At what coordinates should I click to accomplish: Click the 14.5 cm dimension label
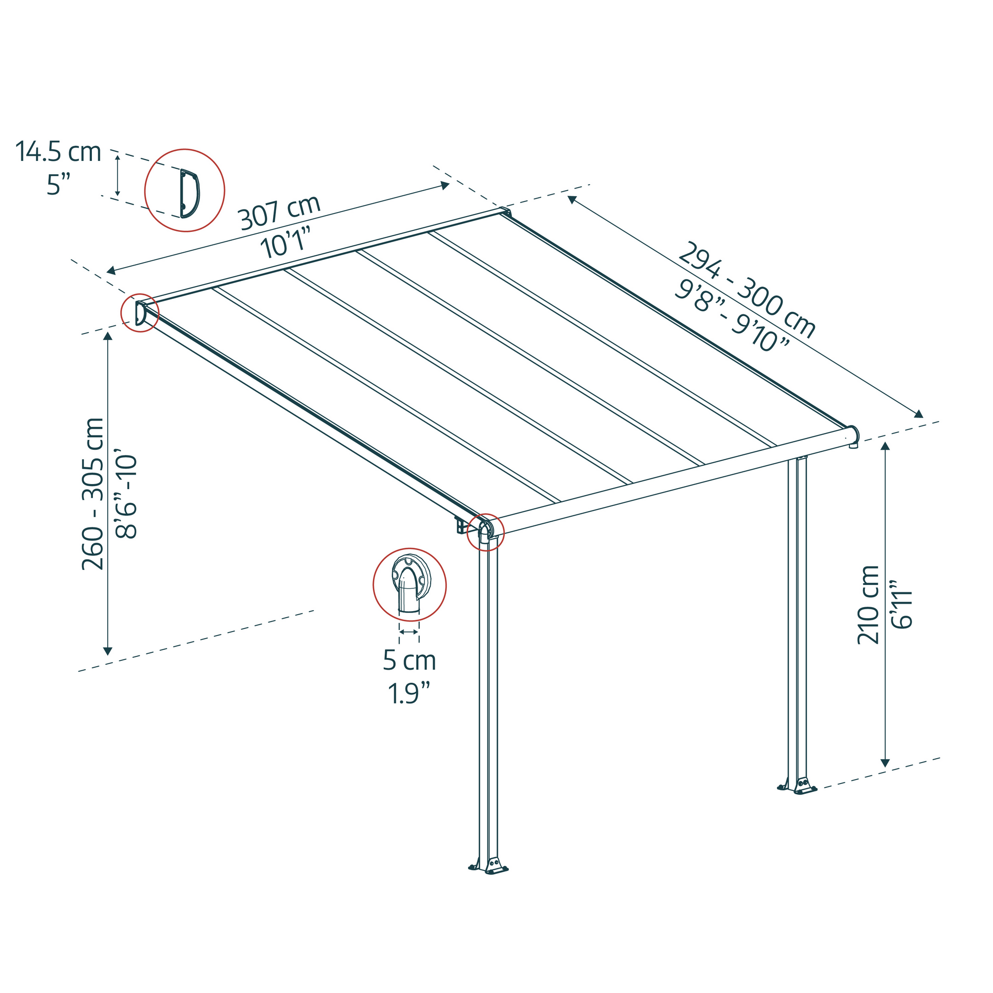(58, 152)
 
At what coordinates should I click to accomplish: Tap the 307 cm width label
(280, 213)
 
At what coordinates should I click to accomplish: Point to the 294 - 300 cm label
(747, 290)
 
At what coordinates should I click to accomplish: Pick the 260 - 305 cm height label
(93, 494)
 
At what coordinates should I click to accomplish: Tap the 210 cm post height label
(868, 604)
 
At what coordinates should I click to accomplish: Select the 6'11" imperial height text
(903, 605)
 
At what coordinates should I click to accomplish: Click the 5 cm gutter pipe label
(409, 660)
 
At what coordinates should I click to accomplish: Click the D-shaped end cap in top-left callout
(190, 193)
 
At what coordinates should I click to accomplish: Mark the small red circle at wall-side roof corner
(140, 312)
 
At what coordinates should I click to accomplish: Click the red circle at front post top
(485, 532)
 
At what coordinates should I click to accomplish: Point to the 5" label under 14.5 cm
(58, 185)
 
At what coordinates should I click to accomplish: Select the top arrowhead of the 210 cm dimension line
(885, 446)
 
